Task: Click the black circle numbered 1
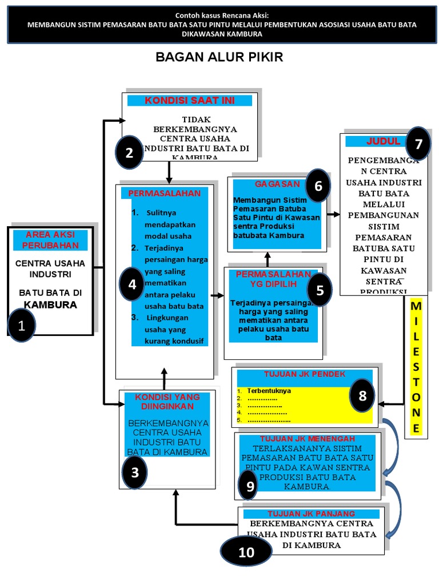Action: pyautogui.click(x=22, y=326)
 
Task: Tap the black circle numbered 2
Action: pyautogui.click(x=129, y=153)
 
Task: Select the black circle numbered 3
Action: pyautogui.click(x=135, y=472)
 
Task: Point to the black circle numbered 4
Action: pyautogui.click(x=133, y=284)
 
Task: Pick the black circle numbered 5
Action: pyautogui.click(x=320, y=290)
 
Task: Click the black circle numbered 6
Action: pyautogui.click(x=318, y=186)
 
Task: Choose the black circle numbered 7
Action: pyautogui.click(x=419, y=144)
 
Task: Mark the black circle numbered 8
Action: pyautogui.click(x=362, y=395)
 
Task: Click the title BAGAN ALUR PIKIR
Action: pyautogui.click(x=219, y=58)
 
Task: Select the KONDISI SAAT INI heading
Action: pyautogui.click(x=189, y=101)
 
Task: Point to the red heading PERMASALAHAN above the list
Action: pyautogui.click(x=164, y=193)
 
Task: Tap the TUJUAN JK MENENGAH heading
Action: pyautogui.click(x=306, y=439)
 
